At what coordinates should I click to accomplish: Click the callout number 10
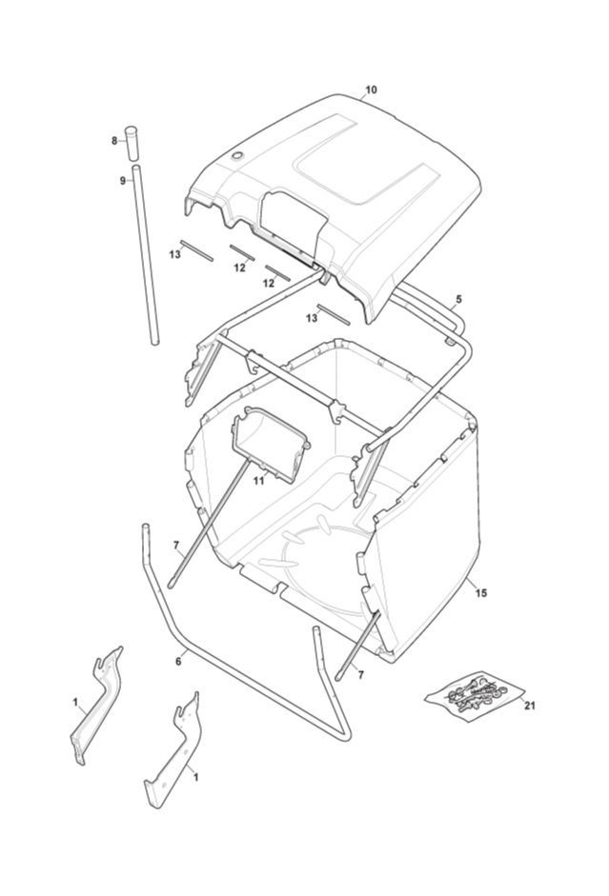pyautogui.click(x=371, y=90)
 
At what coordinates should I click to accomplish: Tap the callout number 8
pyautogui.click(x=114, y=140)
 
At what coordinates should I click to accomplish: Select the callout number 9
pyautogui.click(x=122, y=181)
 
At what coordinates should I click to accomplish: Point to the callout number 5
pyautogui.click(x=458, y=299)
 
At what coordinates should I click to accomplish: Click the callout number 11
pyautogui.click(x=259, y=481)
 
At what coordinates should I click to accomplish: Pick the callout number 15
pyautogui.click(x=481, y=593)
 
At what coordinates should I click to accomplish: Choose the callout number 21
pyautogui.click(x=530, y=706)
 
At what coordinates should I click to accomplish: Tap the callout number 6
pyautogui.click(x=178, y=661)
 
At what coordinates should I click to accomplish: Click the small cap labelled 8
pyautogui.click(x=132, y=142)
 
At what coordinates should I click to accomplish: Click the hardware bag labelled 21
pyautogui.click(x=474, y=696)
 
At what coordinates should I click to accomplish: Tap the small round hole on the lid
pyautogui.click(x=236, y=155)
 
